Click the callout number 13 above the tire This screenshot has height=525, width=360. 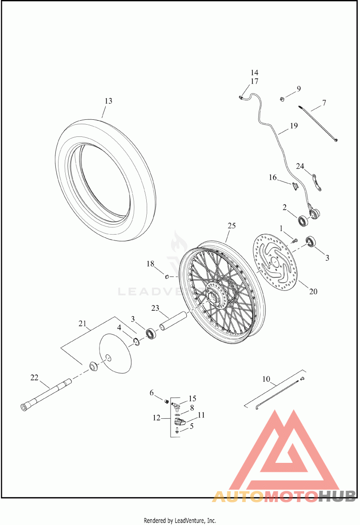coord(108,101)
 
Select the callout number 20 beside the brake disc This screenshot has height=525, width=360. coord(313,291)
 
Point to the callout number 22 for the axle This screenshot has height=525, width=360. coord(35,377)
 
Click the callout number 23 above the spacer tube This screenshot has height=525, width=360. coord(155,308)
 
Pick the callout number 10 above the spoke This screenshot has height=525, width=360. coord(266,379)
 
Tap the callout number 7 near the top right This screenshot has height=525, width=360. coord(324,103)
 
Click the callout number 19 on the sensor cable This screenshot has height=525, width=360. coord(293,126)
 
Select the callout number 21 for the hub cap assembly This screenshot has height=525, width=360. coord(82,324)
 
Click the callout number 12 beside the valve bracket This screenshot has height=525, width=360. coord(156,418)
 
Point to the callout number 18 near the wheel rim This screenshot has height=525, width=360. coord(150,263)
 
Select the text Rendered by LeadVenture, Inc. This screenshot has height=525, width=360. coord(180,520)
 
